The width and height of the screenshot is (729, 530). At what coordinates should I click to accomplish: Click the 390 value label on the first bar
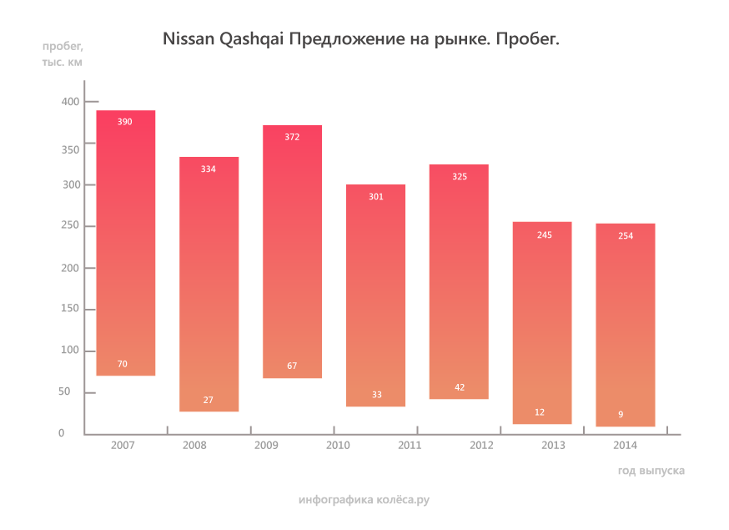124,122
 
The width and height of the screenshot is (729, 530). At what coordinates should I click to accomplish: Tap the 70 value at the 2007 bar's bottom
123,364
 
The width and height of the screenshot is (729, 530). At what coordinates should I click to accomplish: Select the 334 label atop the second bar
209,169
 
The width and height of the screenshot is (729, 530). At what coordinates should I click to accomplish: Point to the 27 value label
209,401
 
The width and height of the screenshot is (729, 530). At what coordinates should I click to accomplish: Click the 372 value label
292,137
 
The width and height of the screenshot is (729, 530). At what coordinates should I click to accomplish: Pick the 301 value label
375,197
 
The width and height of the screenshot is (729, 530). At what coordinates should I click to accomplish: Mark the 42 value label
460,387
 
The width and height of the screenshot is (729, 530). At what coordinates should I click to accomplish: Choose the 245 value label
545,235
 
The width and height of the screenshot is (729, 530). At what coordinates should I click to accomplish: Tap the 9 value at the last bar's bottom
621,415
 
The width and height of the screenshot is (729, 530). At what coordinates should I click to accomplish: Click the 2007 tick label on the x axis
123,447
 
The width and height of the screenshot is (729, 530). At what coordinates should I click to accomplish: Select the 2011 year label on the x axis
410,447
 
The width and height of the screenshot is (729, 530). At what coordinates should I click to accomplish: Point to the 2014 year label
626,447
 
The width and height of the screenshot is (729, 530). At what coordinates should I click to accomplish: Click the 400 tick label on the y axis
68,102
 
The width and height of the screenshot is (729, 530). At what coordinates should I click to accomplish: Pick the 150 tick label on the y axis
68,309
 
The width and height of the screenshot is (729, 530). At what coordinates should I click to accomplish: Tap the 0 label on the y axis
62,433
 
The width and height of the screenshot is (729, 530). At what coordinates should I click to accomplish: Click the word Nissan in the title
189,39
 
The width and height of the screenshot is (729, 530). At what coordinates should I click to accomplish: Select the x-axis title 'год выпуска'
651,471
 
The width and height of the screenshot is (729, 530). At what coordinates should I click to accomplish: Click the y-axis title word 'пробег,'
63,45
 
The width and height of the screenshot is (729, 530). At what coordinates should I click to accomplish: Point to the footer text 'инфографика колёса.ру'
364,500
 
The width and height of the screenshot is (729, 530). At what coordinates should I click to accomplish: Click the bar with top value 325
459,284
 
